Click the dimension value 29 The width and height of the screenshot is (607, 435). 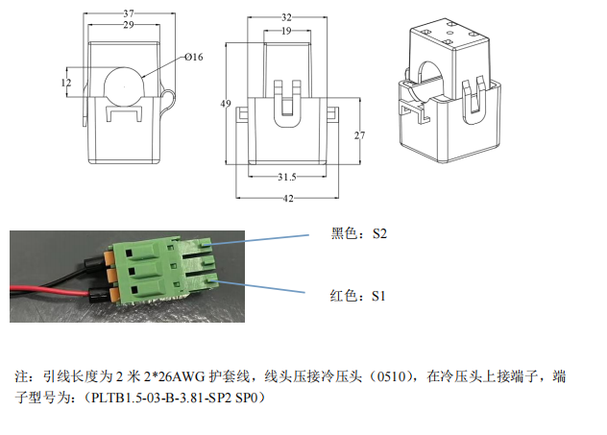click(129, 25)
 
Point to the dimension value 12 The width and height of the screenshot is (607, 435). click(65, 83)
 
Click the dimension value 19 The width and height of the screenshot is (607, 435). click(286, 31)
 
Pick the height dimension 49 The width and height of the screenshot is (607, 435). click(227, 103)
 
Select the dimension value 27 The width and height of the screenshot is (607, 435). click(360, 136)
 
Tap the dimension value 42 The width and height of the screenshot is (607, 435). click(286, 199)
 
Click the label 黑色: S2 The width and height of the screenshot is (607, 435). click(357, 233)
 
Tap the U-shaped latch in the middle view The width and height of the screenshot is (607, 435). click(286, 104)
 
